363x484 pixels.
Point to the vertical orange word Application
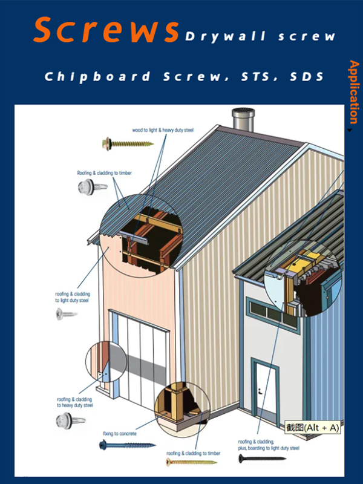click(x=353, y=91)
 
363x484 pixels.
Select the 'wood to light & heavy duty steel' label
click(x=163, y=130)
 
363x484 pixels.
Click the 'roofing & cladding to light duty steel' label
click(x=72, y=297)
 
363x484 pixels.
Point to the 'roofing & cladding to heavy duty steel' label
click(x=75, y=402)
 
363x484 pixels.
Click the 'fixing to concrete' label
click(x=119, y=434)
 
